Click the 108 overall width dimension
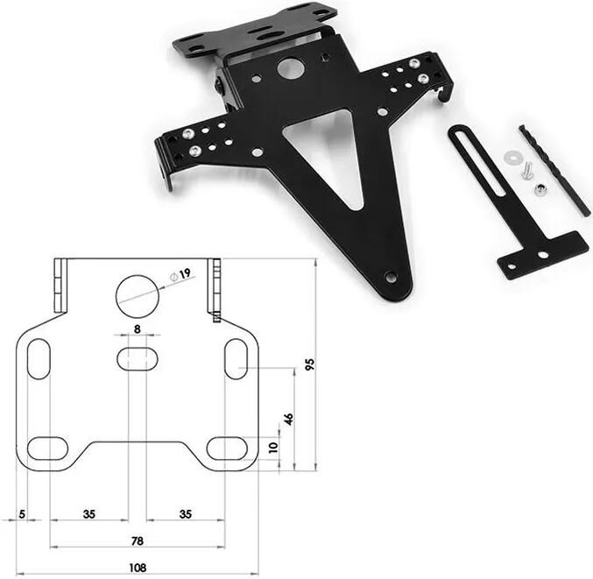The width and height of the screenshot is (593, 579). [x=138, y=568]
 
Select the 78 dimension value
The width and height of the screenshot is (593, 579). [x=138, y=541]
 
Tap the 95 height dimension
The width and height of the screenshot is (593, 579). [x=310, y=364]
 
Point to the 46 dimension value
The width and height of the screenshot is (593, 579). [x=288, y=419]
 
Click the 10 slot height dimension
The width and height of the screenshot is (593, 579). [x=273, y=448]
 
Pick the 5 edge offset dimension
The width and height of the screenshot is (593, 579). [x=22, y=514]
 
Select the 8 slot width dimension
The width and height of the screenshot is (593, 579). [x=138, y=329]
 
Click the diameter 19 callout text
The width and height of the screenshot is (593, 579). [x=181, y=274]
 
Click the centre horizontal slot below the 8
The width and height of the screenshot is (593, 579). [x=138, y=358]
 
